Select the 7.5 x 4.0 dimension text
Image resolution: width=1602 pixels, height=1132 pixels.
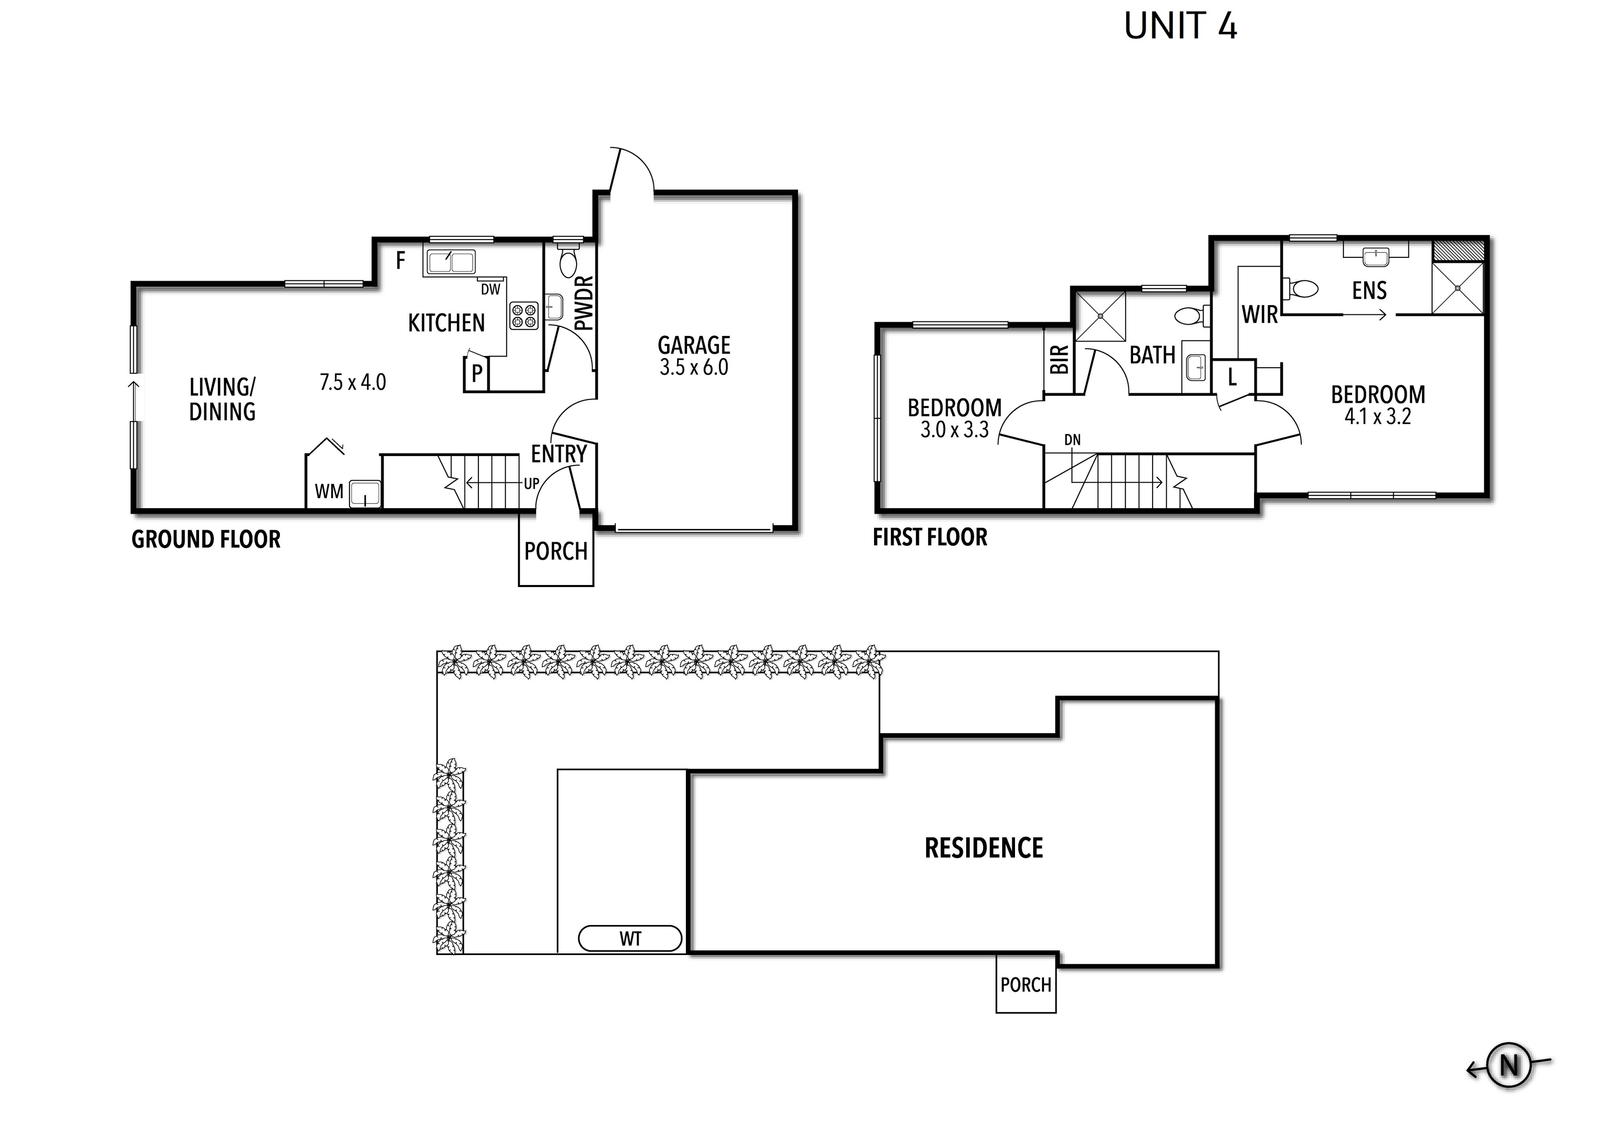[353, 383]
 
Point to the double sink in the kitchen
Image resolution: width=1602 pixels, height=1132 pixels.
[451, 262]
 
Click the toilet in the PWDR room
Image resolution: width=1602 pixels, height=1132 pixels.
[568, 260]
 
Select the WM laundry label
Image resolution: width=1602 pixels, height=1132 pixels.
[329, 492]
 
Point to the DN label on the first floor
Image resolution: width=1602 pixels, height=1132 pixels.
[1073, 440]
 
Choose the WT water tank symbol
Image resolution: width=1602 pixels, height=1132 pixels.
[630, 939]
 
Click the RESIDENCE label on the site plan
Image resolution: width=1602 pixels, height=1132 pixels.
[983, 848]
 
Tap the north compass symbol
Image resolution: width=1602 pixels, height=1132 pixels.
[1509, 1066]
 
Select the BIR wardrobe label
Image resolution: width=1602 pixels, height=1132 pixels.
[1058, 360]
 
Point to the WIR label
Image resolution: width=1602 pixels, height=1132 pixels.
[1259, 315]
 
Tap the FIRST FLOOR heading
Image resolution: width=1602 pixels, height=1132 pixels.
[930, 537]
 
